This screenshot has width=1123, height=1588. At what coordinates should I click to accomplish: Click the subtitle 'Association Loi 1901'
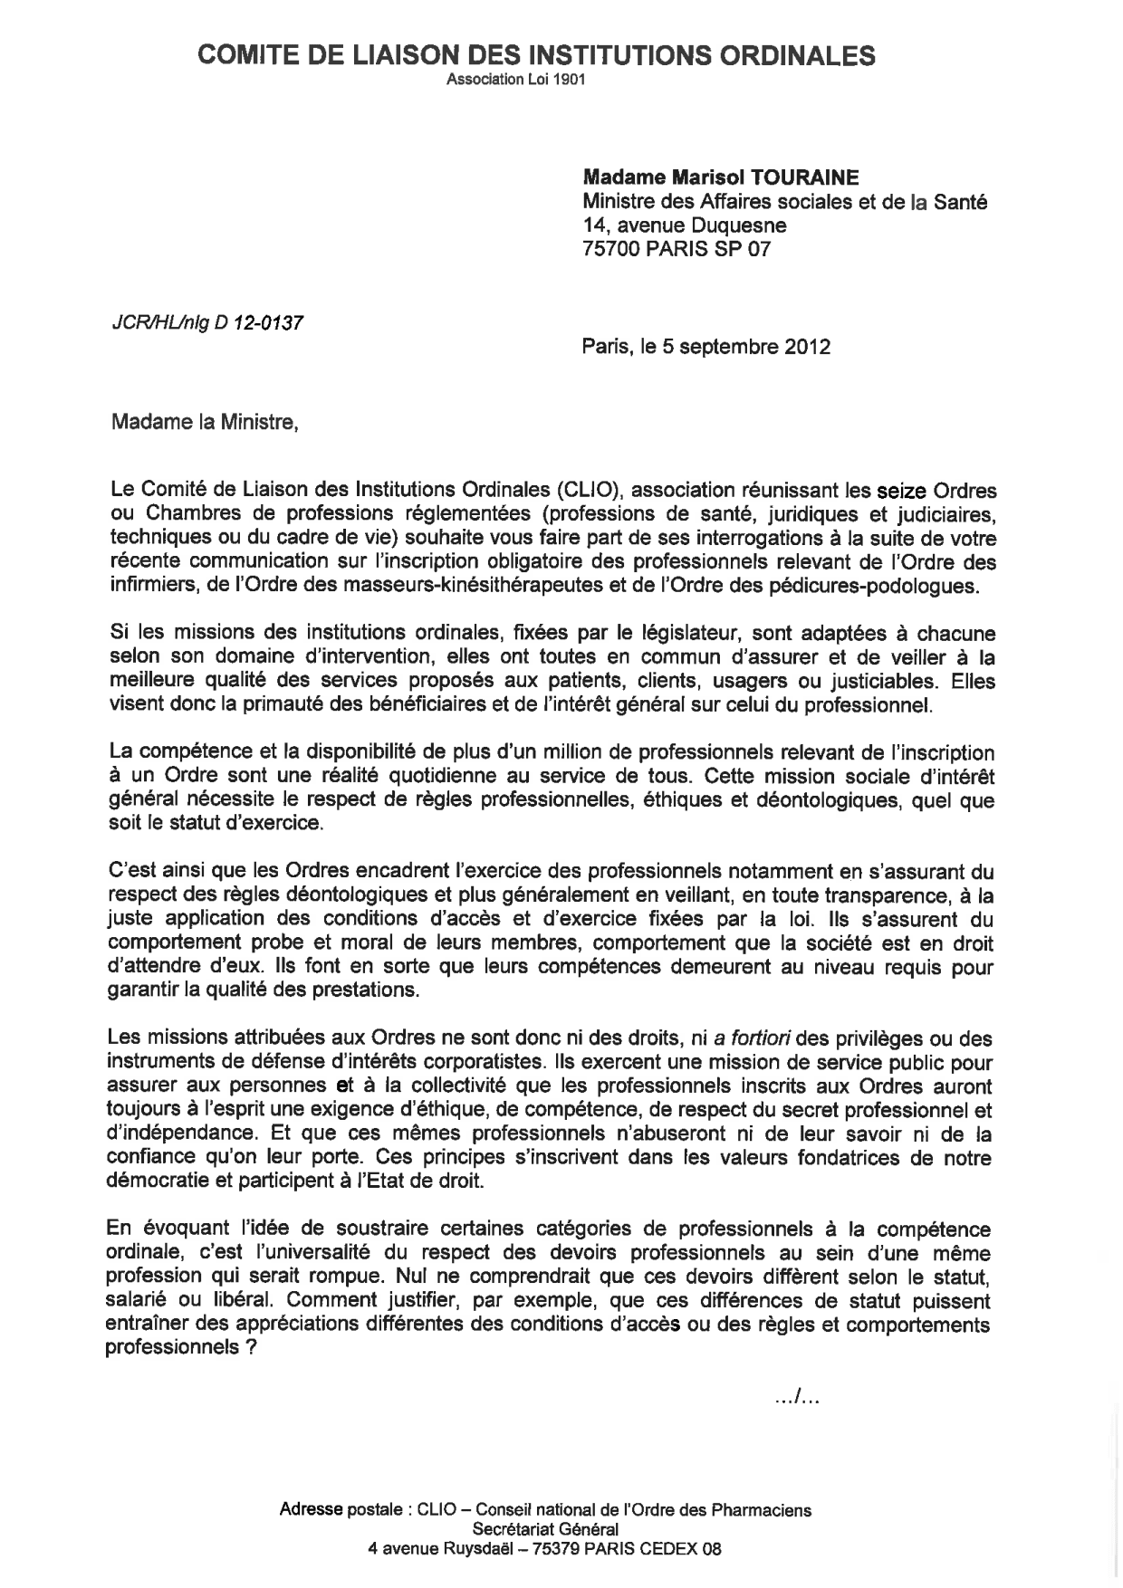(516, 80)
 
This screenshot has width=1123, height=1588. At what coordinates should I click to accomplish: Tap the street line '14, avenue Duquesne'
(684, 225)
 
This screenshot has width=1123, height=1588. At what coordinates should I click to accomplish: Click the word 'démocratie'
(155, 1181)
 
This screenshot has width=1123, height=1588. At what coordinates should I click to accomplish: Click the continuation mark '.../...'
(797, 1400)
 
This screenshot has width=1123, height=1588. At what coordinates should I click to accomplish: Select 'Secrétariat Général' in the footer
(545, 1529)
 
